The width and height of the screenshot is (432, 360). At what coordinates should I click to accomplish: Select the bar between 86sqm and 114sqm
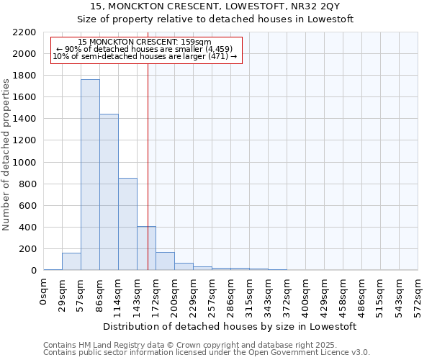click(109, 192)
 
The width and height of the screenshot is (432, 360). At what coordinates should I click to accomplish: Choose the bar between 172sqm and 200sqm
click(165, 261)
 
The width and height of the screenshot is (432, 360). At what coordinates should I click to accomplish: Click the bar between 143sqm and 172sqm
click(146, 248)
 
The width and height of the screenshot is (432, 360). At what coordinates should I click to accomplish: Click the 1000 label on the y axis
click(26, 163)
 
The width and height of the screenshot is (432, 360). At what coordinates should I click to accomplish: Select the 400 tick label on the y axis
click(28, 228)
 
